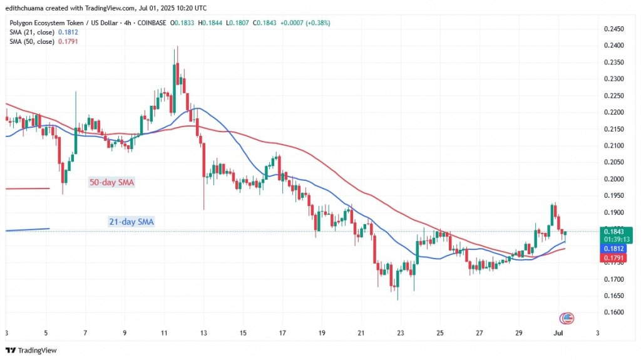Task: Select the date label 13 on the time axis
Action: tap(203, 333)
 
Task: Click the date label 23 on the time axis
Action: tap(401, 333)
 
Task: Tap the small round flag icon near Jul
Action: tap(567, 317)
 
